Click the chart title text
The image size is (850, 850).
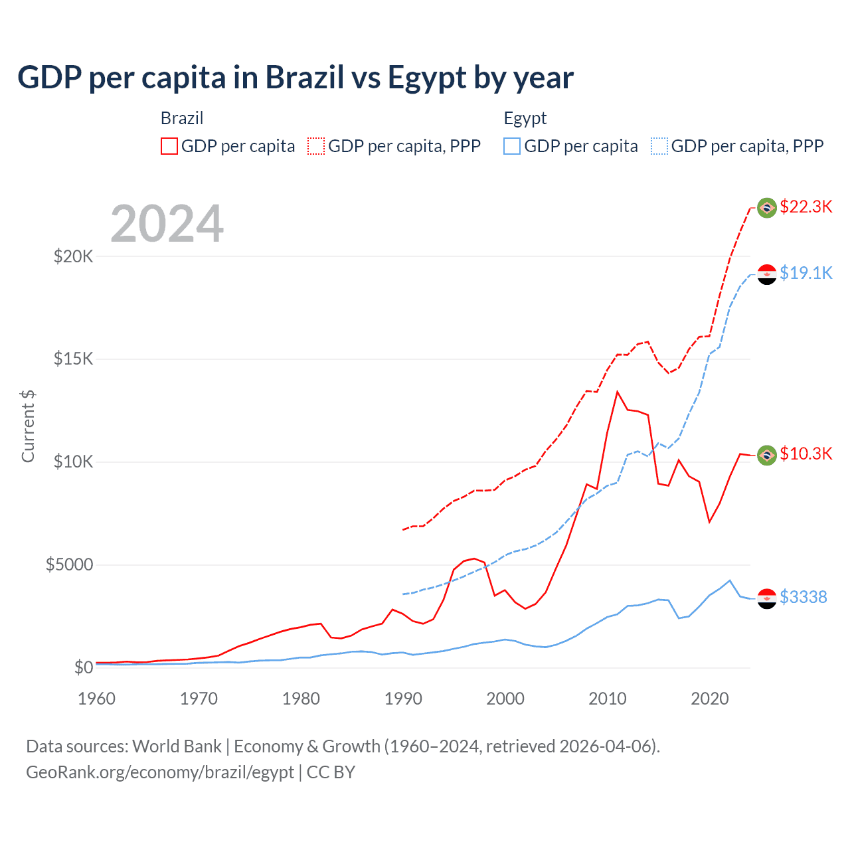296,78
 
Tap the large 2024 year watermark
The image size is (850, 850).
167,224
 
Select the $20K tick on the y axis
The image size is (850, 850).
73,256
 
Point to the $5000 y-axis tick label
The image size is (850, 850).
69,565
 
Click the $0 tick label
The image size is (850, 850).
83,667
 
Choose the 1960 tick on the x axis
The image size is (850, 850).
96,699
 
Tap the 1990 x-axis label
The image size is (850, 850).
403,699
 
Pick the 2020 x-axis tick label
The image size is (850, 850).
710,699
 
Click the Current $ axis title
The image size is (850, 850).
28,426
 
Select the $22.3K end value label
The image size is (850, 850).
806,207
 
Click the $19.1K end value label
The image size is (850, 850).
806,273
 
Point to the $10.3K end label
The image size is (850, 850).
806,454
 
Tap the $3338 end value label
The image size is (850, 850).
803,597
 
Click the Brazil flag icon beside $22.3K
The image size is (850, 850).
767,208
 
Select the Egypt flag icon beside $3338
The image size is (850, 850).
767,598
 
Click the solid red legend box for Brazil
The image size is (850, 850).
169,146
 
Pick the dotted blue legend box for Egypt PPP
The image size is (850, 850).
659,146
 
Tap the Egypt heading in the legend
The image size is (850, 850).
525,118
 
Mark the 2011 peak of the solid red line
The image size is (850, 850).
618,392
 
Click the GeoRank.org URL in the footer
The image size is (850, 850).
160,772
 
